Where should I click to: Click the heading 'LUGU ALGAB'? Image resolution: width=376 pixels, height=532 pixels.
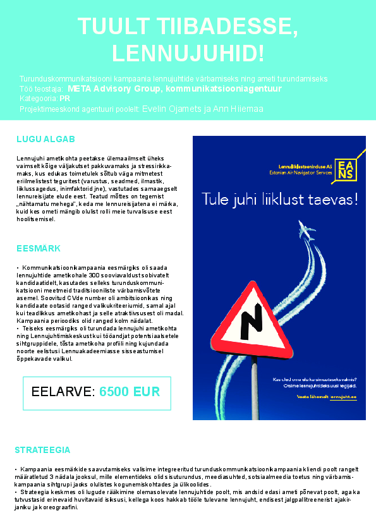(45, 139)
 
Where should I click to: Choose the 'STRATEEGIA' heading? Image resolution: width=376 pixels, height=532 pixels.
(42, 450)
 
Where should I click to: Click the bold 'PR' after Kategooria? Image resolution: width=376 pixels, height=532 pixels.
(64, 99)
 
